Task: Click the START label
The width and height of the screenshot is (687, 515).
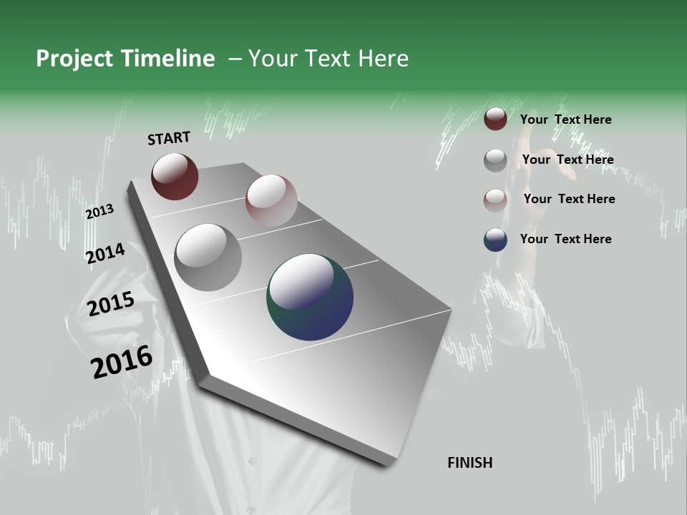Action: (x=169, y=138)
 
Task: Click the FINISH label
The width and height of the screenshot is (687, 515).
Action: (x=469, y=463)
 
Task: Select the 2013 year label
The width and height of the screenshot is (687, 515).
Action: (x=99, y=212)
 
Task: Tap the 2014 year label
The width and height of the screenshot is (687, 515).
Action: (x=105, y=253)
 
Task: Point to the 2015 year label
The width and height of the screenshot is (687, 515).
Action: (x=111, y=304)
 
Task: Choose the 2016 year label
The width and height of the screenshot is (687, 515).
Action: (x=122, y=362)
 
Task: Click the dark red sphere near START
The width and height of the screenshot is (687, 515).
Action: (x=175, y=176)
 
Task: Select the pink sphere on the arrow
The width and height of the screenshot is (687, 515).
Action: (x=271, y=200)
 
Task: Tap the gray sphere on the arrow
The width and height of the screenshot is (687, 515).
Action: (x=208, y=257)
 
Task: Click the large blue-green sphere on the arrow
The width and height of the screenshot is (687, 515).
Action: (x=310, y=297)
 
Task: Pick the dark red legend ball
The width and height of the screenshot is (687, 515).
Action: (x=495, y=119)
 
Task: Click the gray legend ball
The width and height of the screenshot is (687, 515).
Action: (x=495, y=160)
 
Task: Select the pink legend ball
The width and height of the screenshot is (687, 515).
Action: (x=495, y=200)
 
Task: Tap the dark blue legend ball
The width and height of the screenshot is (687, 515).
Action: (x=495, y=240)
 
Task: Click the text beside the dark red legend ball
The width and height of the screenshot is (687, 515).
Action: (x=565, y=119)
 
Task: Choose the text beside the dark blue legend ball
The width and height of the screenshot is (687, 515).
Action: (x=565, y=239)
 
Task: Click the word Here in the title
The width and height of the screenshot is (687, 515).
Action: (x=383, y=59)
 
